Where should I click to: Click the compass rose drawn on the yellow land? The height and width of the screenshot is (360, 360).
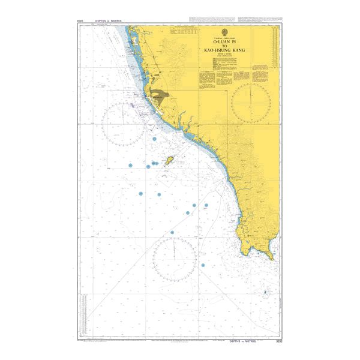(x=251, y=101)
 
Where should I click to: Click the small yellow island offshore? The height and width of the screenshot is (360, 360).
(x=170, y=161)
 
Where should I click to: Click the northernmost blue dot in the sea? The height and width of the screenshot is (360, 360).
(x=155, y=139)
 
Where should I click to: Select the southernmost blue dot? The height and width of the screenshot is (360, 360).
(x=203, y=265)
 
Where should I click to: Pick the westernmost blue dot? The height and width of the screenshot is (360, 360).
(x=128, y=164)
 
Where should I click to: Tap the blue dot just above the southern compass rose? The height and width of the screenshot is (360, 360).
(x=172, y=232)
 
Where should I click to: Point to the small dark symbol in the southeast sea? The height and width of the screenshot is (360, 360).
(x=265, y=292)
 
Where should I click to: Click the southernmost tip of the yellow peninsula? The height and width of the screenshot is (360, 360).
(x=272, y=259)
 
